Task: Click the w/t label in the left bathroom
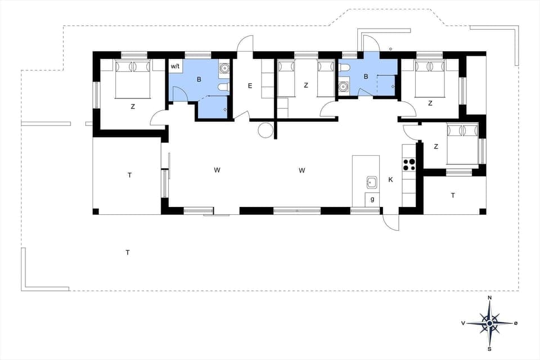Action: click(x=175, y=66)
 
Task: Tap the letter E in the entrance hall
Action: click(x=250, y=86)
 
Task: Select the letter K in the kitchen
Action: click(x=390, y=180)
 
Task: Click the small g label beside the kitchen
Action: click(x=372, y=199)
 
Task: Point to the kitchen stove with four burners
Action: click(x=409, y=164)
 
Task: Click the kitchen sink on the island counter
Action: click(x=372, y=182)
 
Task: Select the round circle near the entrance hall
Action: click(x=265, y=130)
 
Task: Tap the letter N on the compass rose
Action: click(x=490, y=298)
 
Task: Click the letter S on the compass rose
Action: click(x=490, y=348)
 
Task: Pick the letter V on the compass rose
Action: click(x=462, y=323)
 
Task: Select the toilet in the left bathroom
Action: click(x=224, y=87)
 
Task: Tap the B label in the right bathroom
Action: click(x=366, y=76)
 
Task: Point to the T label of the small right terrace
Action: click(x=452, y=195)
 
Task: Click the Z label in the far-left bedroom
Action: click(x=133, y=106)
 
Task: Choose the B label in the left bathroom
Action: click(x=199, y=80)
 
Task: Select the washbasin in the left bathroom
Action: click(x=224, y=69)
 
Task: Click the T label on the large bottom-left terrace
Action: click(x=128, y=253)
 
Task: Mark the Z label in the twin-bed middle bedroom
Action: click(x=306, y=85)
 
